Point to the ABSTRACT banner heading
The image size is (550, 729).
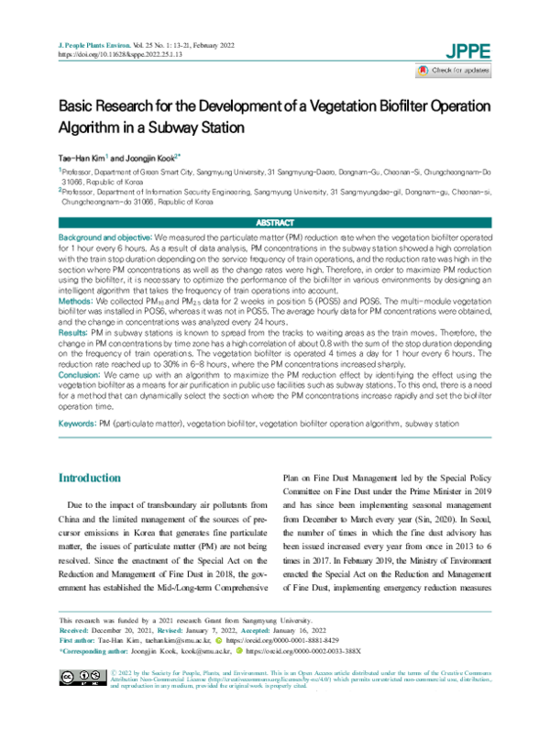click(274, 222)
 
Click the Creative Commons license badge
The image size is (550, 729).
click(81, 701)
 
